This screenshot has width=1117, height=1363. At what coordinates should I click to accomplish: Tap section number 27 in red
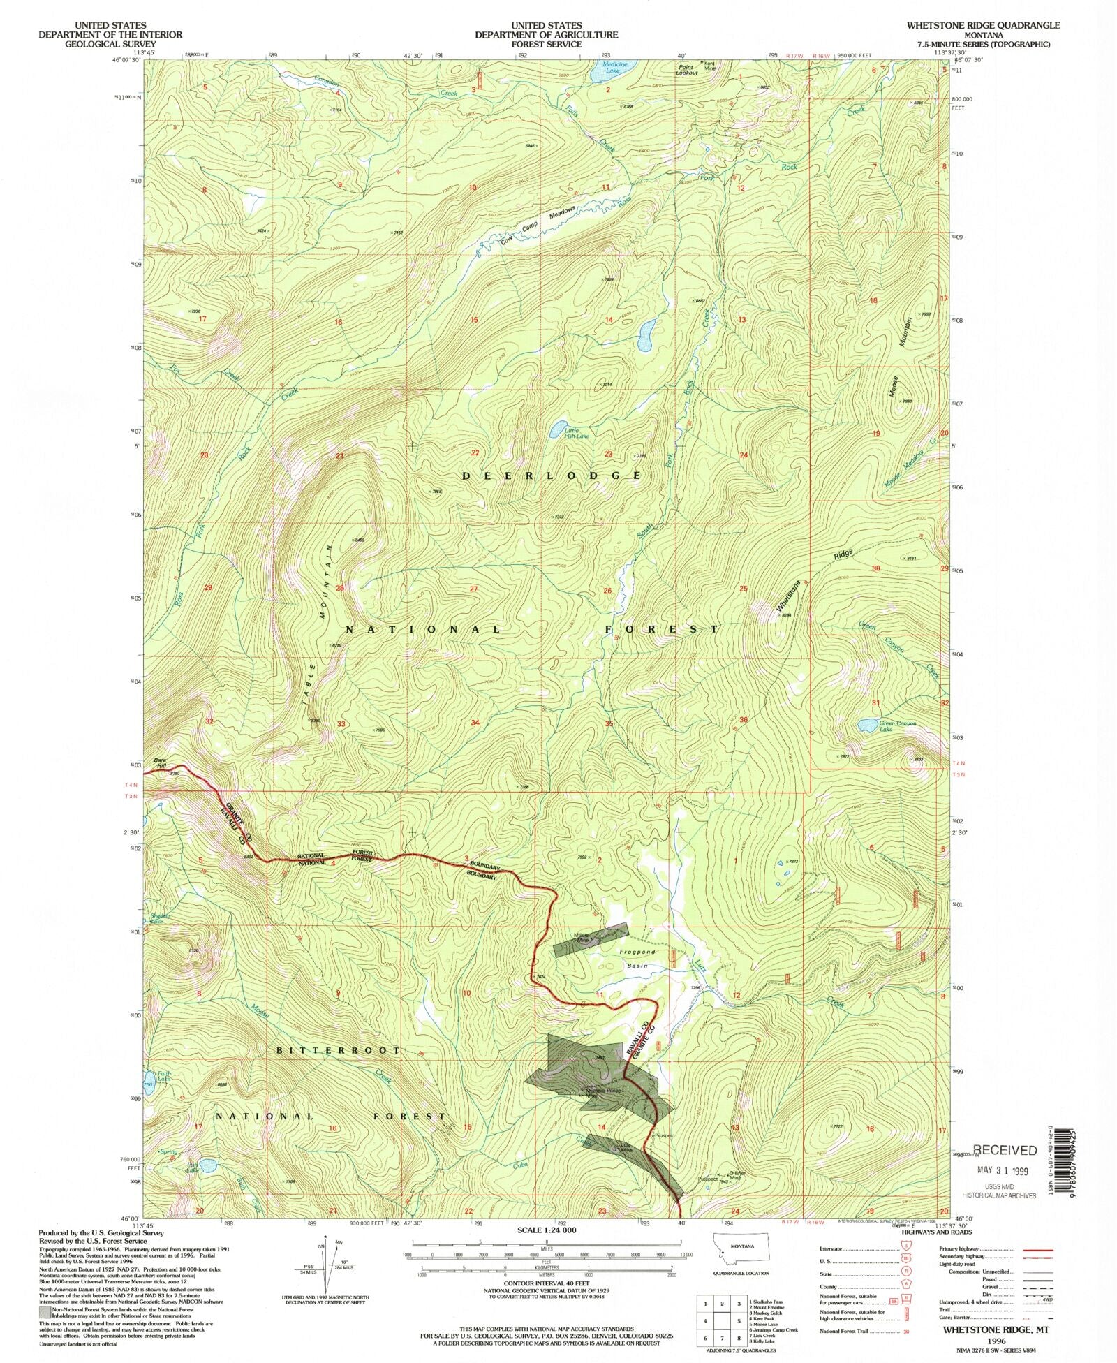[473, 589]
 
